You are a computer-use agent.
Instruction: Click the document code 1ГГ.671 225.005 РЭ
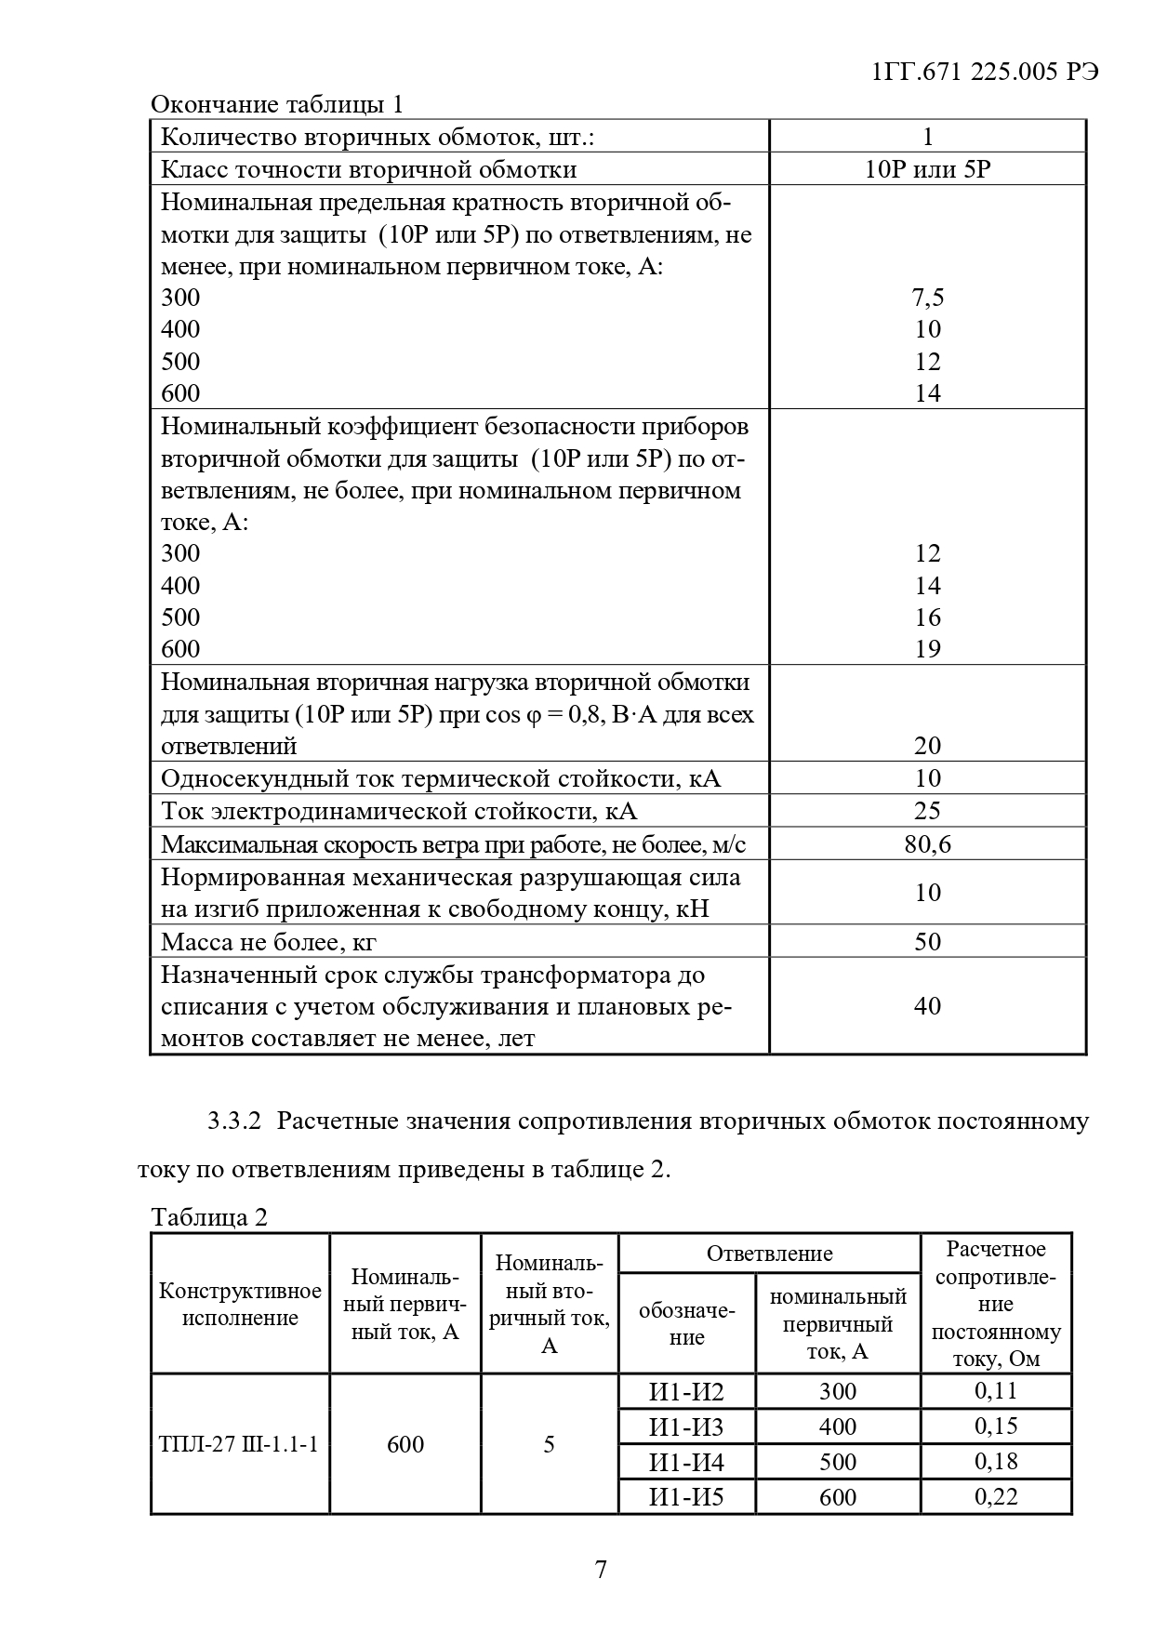point(986,73)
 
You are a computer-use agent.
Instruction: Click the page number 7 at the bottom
point(600,1570)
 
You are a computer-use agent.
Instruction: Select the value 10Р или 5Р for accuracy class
point(927,169)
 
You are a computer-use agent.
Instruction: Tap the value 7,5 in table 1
point(927,298)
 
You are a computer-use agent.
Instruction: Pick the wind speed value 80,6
point(927,843)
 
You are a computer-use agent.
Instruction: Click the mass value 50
point(927,941)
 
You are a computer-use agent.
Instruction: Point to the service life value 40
point(927,1005)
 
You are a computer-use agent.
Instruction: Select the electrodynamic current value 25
point(927,810)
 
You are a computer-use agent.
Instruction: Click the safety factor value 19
point(927,648)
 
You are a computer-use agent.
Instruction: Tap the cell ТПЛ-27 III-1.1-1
point(239,1444)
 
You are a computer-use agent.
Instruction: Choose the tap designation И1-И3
point(686,1426)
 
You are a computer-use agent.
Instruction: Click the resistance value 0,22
point(996,1496)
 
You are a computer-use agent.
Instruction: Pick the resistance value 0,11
point(996,1391)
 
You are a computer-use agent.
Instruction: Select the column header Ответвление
point(769,1254)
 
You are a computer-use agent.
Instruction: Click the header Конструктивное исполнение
point(240,1304)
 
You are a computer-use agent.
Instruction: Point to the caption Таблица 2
point(209,1217)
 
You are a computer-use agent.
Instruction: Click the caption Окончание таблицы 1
point(276,104)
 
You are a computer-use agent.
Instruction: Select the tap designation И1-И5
point(686,1497)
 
